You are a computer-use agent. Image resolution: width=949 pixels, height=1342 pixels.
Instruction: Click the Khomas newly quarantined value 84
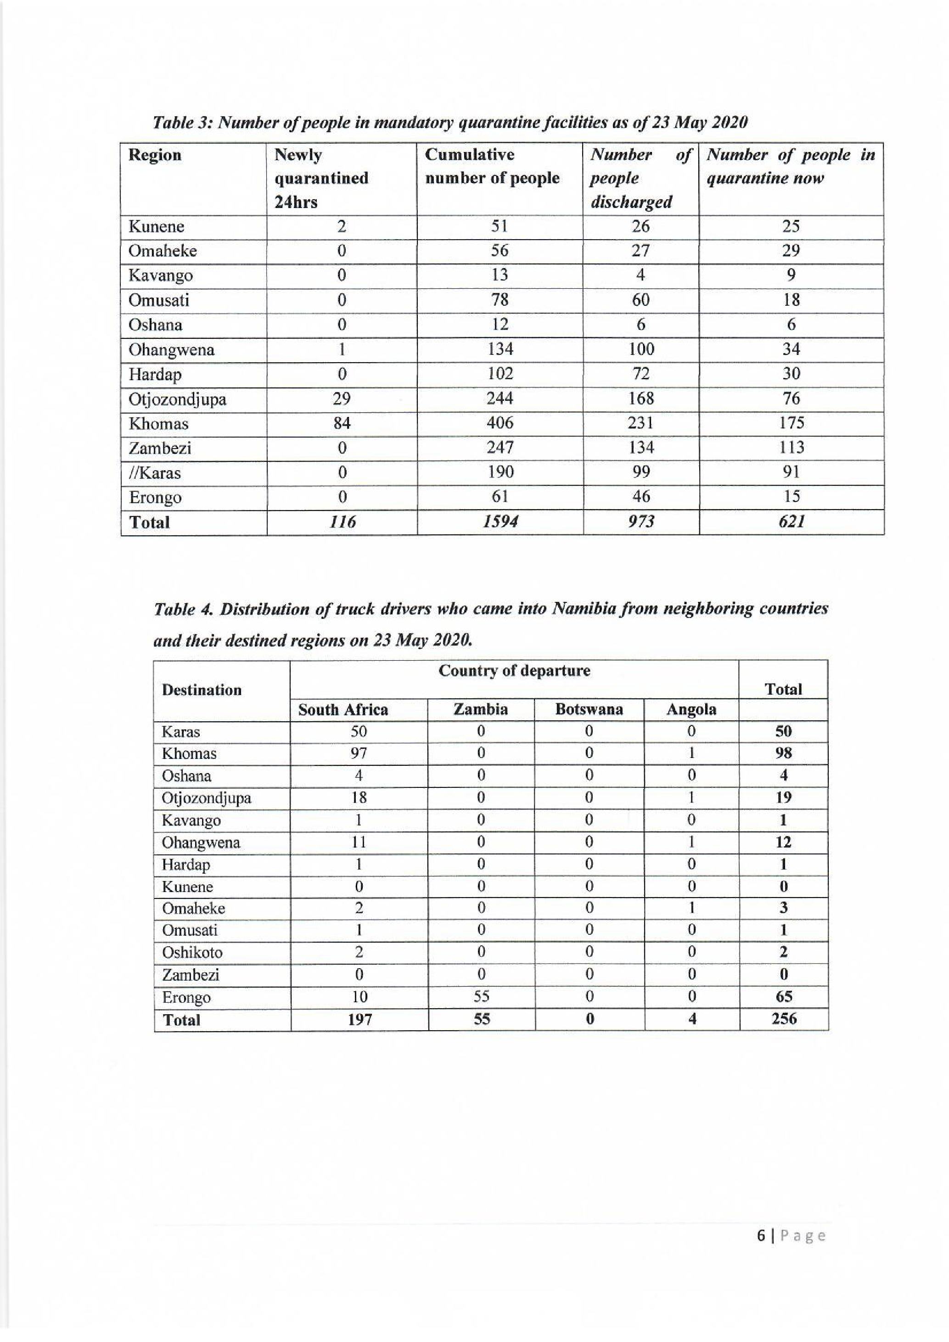(x=342, y=423)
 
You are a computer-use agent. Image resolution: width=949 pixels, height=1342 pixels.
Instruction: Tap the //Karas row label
(x=155, y=472)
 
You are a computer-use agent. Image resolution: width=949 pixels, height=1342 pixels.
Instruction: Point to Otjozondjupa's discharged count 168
(x=640, y=399)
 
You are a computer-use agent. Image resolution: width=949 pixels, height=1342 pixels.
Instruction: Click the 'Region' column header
(x=155, y=155)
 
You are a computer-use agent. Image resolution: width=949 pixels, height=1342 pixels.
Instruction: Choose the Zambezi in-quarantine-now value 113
(x=791, y=448)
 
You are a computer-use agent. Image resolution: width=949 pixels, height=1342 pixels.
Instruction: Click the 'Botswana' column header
(x=589, y=710)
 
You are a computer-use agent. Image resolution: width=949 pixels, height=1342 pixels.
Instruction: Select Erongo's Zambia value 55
(x=481, y=997)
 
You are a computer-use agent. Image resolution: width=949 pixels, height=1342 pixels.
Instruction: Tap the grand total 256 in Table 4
(x=784, y=1019)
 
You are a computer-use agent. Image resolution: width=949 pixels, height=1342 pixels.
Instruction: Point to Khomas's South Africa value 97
(x=358, y=753)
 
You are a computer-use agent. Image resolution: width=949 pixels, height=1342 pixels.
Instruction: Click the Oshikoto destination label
(x=192, y=952)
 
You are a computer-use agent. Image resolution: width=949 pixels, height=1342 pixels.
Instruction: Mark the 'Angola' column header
(x=691, y=710)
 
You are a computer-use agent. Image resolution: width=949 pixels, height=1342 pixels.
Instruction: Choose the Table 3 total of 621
(x=791, y=522)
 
